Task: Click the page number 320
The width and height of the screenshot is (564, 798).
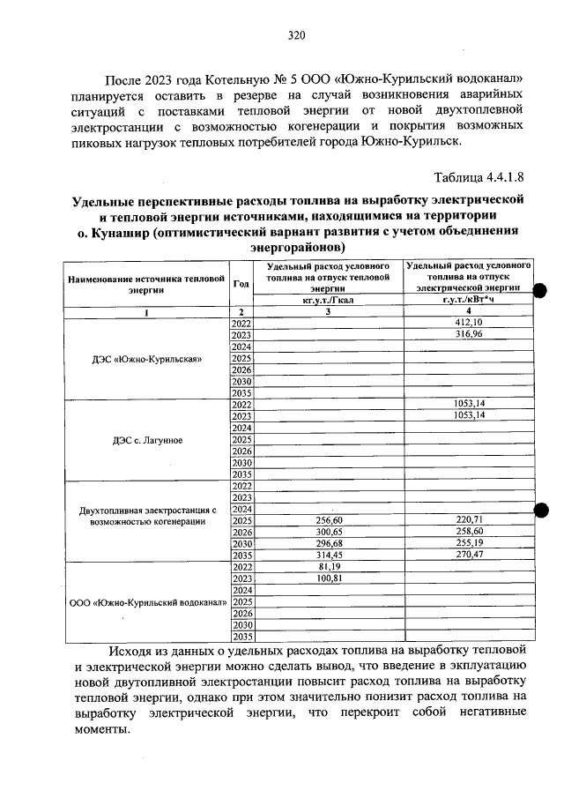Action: click(x=296, y=35)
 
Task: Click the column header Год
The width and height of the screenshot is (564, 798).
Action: click(x=241, y=283)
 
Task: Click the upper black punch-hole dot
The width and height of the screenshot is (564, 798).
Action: click(x=541, y=291)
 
